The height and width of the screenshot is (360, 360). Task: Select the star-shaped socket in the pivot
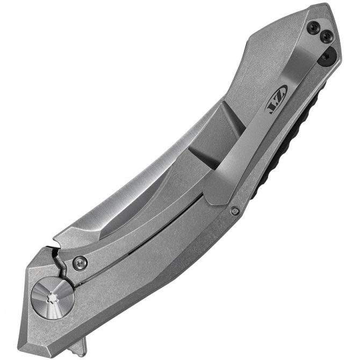53,296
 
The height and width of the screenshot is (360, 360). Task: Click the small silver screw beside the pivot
80,262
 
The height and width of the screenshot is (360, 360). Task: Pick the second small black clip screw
325,37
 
